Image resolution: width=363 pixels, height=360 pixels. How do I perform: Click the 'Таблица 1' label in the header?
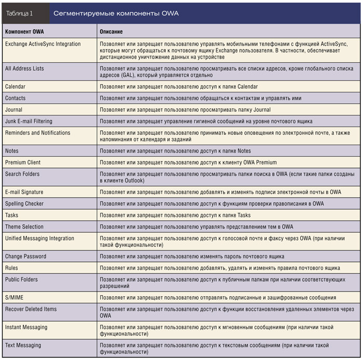click(19, 13)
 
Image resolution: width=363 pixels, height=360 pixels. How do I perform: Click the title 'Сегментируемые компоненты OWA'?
click(116, 13)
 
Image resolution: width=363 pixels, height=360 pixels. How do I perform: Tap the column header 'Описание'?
click(111, 32)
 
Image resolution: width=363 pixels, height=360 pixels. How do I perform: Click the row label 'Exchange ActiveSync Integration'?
click(43, 44)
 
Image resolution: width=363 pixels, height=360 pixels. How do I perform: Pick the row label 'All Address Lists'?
click(24, 68)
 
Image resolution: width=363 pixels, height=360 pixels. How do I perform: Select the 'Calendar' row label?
click(15, 87)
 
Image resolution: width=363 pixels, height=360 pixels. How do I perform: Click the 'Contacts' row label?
click(15, 98)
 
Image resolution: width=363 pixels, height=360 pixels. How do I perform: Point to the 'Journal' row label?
click(13, 110)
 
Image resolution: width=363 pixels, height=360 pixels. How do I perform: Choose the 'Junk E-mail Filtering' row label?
click(31, 121)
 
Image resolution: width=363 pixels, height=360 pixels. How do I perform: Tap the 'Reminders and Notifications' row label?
click(37, 133)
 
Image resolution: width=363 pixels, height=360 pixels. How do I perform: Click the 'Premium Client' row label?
click(23, 162)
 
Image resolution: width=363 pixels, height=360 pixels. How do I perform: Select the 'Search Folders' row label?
click(22, 174)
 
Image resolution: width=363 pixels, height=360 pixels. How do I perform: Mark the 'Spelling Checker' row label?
click(24, 204)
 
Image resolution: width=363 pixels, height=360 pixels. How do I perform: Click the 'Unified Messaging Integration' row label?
click(39, 239)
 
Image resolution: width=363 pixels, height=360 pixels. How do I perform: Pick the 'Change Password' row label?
click(25, 256)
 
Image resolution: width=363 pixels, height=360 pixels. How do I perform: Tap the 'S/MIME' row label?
click(14, 298)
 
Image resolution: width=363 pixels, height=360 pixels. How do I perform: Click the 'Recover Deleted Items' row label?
click(31, 309)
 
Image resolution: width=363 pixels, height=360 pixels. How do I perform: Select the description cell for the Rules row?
click(220, 268)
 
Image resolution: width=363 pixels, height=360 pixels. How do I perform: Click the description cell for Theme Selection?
click(197, 227)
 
